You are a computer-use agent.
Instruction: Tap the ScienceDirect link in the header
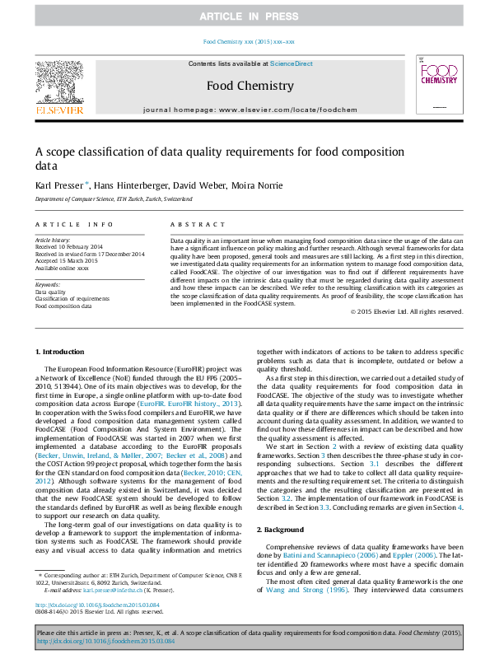[x=292, y=63]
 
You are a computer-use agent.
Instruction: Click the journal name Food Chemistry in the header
[x=250, y=86]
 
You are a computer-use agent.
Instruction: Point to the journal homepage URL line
[x=249, y=110]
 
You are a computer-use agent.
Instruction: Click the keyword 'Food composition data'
[x=63, y=306]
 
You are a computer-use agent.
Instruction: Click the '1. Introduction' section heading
[x=59, y=375]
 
